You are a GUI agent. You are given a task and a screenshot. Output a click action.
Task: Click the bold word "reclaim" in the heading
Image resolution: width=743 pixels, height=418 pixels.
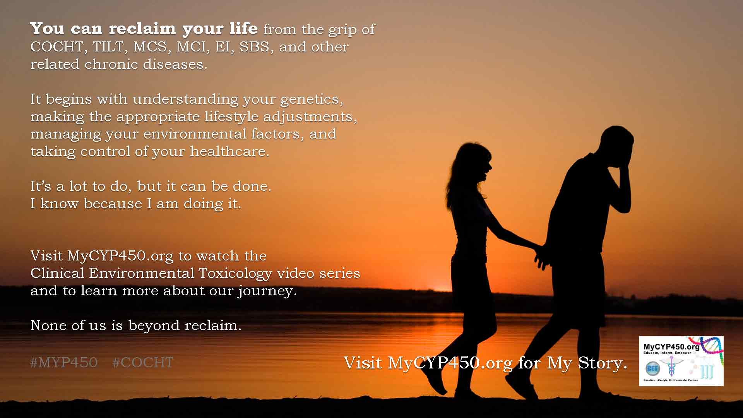(142, 29)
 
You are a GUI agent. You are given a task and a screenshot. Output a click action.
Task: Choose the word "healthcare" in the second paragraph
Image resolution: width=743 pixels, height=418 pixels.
(229, 151)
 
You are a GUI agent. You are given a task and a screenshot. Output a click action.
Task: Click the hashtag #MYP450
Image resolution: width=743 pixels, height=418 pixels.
(64, 363)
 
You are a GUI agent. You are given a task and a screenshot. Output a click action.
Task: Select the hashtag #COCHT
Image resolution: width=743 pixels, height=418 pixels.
(143, 363)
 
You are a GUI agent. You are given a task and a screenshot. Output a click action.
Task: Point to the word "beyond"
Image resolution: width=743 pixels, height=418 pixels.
(154, 326)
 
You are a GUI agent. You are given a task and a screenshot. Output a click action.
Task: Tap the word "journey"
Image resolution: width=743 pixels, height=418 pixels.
(267, 291)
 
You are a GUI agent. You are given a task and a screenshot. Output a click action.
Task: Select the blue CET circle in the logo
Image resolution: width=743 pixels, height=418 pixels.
(652, 368)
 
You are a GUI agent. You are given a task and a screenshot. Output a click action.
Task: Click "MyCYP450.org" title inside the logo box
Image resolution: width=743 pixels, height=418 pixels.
(671, 347)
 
